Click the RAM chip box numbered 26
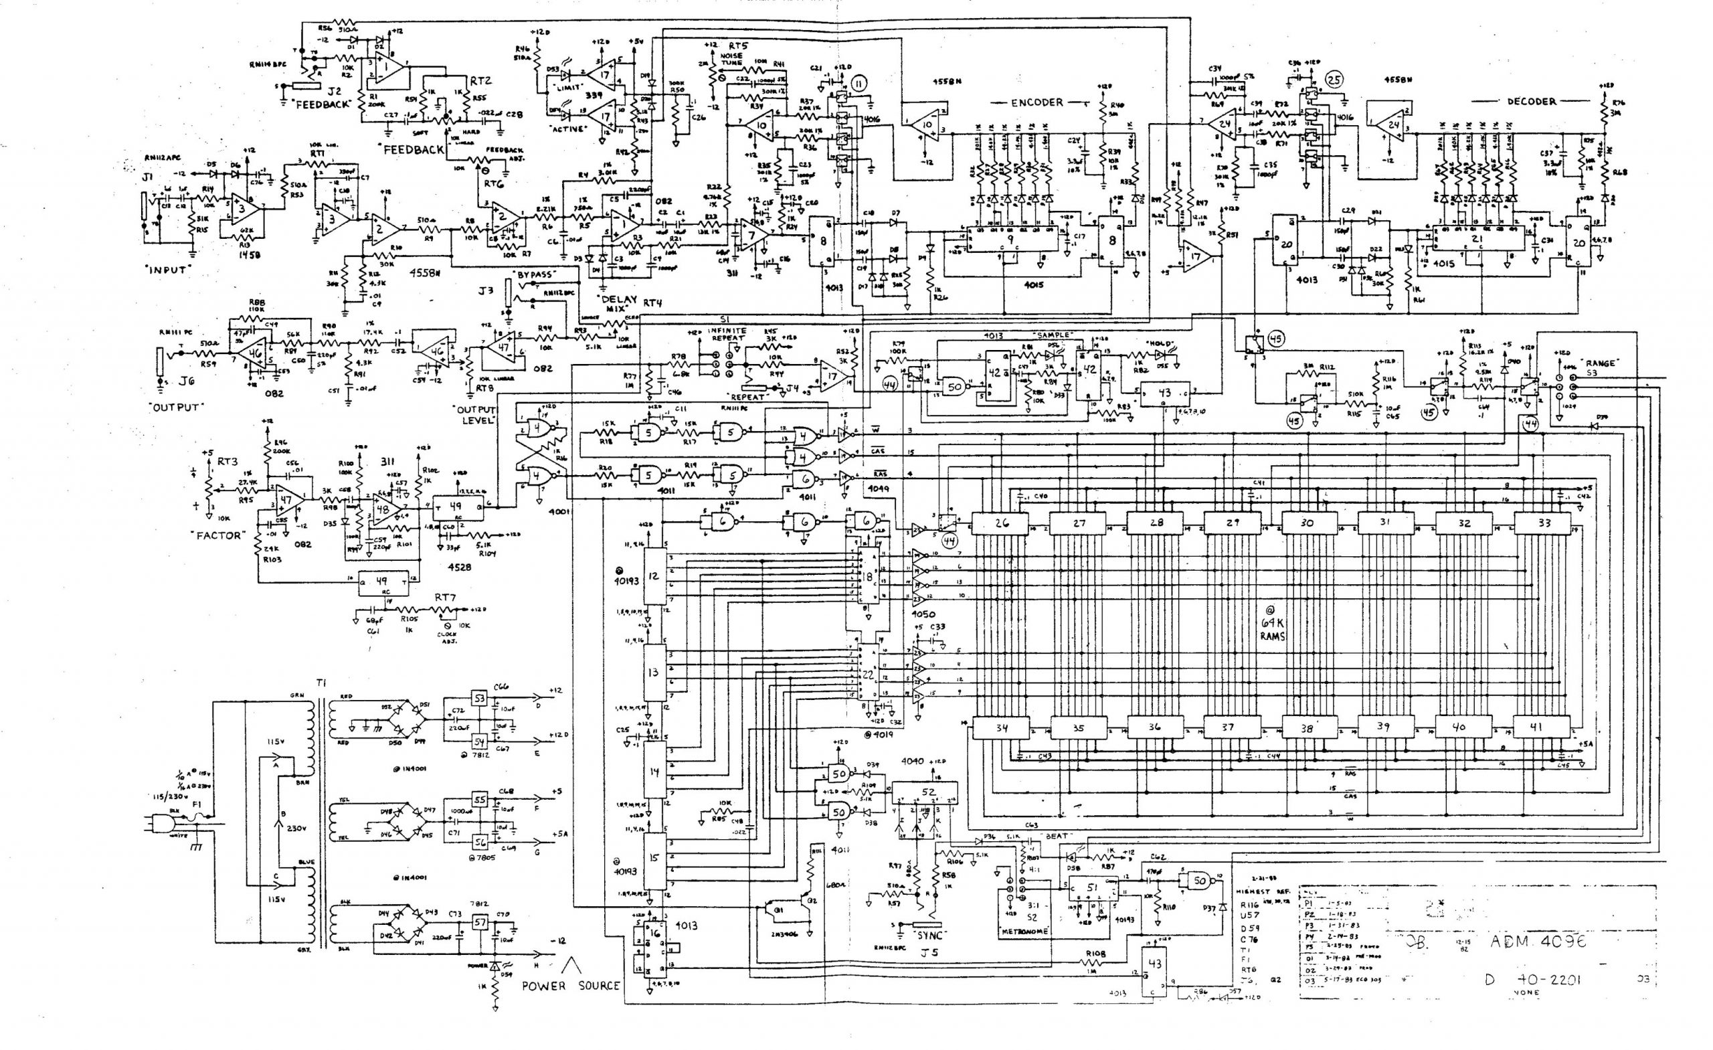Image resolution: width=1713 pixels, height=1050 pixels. (1000, 523)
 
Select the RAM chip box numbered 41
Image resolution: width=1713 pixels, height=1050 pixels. (1536, 727)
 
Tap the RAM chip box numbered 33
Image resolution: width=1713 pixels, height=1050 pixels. (1542, 523)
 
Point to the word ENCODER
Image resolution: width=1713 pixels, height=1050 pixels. (1036, 102)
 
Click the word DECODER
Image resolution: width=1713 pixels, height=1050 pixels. (1531, 102)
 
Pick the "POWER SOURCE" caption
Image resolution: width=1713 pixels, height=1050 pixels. (570, 985)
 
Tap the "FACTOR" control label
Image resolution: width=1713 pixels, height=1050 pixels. (217, 535)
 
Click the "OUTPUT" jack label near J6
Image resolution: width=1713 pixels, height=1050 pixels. (176, 407)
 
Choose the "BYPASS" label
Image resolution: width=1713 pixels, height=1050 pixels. (533, 275)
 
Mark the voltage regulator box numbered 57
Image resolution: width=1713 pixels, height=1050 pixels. (479, 923)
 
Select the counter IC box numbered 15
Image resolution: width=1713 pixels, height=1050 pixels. (653, 858)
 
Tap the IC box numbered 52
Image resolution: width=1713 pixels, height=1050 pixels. (927, 792)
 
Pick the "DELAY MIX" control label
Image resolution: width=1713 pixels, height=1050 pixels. (618, 304)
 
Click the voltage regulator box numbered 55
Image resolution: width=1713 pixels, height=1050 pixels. (479, 800)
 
